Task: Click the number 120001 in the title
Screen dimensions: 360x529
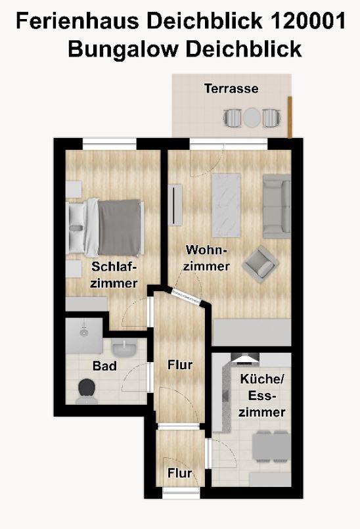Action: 308,21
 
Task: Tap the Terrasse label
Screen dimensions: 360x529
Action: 231,89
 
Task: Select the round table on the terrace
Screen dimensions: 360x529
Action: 252,118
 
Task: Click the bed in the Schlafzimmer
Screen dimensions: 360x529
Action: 105,227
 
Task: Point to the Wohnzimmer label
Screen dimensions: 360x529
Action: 206,258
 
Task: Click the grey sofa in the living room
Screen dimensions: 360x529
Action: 277,206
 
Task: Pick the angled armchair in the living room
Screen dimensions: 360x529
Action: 260,264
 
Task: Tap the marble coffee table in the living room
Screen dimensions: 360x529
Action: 227,206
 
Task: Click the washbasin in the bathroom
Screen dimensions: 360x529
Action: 124,348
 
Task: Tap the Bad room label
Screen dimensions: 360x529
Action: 104,366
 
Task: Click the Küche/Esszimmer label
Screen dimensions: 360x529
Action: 262,396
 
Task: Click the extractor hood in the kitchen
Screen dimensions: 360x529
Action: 246,358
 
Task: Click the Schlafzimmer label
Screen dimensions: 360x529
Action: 114,275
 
